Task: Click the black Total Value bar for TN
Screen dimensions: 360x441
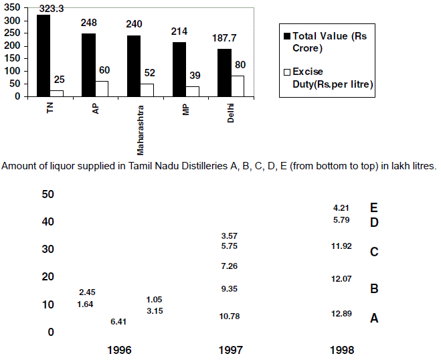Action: [43, 55]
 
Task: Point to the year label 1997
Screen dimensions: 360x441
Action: [230, 349]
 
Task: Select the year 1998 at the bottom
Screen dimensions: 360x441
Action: [342, 349]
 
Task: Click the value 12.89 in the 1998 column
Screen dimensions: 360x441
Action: [342, 314]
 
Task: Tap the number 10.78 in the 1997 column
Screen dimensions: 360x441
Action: [230, 315]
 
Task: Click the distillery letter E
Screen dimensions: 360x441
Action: [374, 208]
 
